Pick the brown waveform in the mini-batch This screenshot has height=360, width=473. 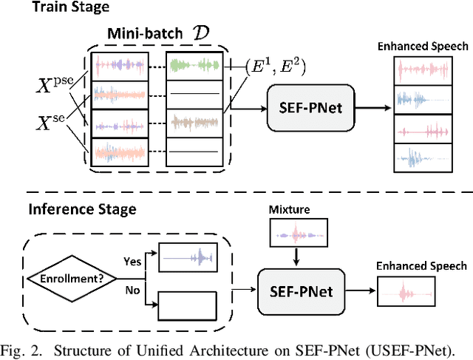click(194, 120)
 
